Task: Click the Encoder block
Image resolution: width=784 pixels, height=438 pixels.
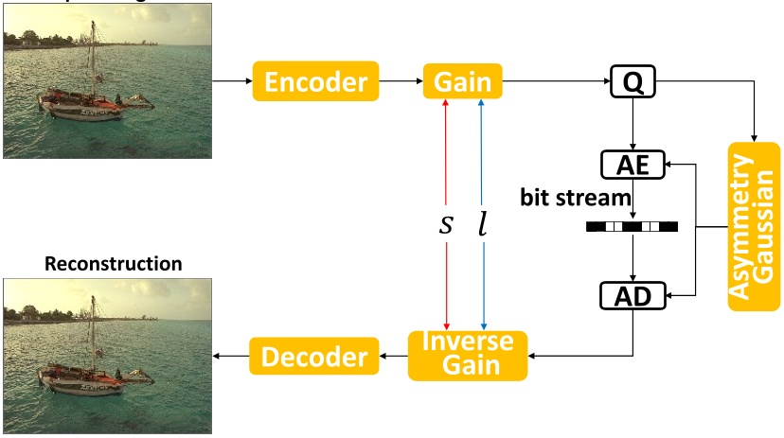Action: point(315,82)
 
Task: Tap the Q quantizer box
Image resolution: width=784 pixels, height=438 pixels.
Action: point(633,82)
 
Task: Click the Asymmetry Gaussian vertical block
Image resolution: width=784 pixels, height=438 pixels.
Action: point(754,227)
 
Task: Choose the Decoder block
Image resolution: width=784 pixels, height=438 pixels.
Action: point(313,357)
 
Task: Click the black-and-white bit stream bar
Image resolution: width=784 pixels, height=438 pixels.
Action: point(632,227)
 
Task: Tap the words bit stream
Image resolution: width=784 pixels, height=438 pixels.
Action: point(575,198)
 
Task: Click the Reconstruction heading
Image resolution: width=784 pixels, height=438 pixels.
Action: point(114,263)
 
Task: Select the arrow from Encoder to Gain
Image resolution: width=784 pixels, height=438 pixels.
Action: point(400,82)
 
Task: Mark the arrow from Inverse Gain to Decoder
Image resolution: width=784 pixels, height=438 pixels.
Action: point(392,357)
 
